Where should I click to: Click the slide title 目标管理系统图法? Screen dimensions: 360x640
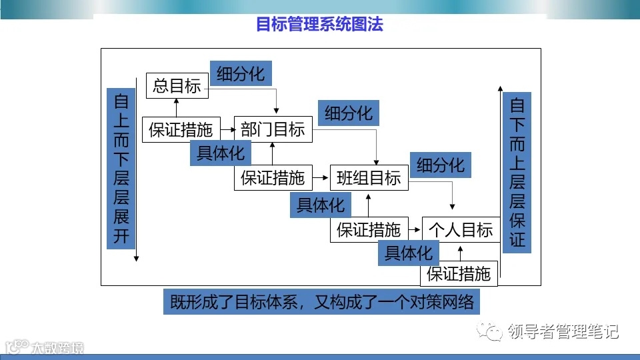pos(319,25)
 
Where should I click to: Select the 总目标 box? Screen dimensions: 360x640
pos(177,85)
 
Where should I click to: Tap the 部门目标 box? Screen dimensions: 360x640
pos(273,129)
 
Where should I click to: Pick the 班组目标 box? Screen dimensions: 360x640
pos(369,177)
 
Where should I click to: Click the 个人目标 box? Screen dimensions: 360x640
pos(461,229)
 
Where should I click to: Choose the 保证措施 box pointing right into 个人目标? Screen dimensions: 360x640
pos(369,230)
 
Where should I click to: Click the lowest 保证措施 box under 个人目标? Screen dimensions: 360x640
pos(459,273)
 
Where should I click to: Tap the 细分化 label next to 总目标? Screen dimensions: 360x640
pos(241,73)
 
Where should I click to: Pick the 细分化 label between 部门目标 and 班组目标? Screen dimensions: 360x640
pos(348,113)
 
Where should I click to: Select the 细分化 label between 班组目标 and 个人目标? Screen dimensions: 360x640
pos(441,165)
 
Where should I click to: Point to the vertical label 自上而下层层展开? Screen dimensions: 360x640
pos(121,169)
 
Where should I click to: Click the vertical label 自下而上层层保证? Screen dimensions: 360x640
pos(517,171)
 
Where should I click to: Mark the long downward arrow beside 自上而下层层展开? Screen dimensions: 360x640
pos(137,173)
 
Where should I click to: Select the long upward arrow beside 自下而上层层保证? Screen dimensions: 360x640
pos(500,180)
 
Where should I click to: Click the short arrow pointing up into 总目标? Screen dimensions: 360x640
pos(177,107)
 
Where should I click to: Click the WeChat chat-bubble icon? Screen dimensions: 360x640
pos(494,331)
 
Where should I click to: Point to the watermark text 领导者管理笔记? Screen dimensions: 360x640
pos(563,331)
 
